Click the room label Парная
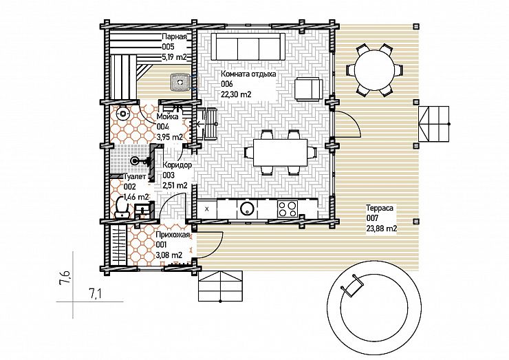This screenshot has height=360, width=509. point(174,36)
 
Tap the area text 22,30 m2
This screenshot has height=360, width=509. point(236,94)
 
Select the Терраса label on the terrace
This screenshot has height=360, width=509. point(380,208)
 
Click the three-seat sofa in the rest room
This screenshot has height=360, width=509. point(249,46)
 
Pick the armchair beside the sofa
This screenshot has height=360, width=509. point(309,88)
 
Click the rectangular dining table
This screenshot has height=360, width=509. point(280,152)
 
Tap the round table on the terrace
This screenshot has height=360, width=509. point(375,70)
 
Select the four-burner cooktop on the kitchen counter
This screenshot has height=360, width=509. point(288,209)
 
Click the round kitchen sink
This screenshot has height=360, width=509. point(246,209)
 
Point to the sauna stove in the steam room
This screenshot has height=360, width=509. point(180,81)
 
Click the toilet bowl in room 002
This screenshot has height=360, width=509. point(122,207)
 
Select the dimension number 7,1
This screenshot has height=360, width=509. point(95,294)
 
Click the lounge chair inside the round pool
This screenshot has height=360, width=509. point(351,285)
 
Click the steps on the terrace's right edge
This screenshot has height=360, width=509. point(433,123)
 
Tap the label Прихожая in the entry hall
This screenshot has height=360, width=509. point(172,235)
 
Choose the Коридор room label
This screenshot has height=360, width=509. point(177,165)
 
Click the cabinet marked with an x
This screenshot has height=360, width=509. point(207,209)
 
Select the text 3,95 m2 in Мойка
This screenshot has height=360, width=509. point(169,137)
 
